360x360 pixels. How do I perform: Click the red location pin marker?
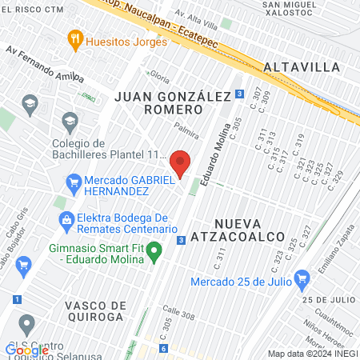[181, 163]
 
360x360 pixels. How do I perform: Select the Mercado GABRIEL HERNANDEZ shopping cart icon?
[74, 181]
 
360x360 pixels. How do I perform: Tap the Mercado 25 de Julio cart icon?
[302, 279]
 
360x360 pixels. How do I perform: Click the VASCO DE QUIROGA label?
[96, 313]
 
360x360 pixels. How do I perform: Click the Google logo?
[26, 350]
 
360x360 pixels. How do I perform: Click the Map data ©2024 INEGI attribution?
[312, 353]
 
